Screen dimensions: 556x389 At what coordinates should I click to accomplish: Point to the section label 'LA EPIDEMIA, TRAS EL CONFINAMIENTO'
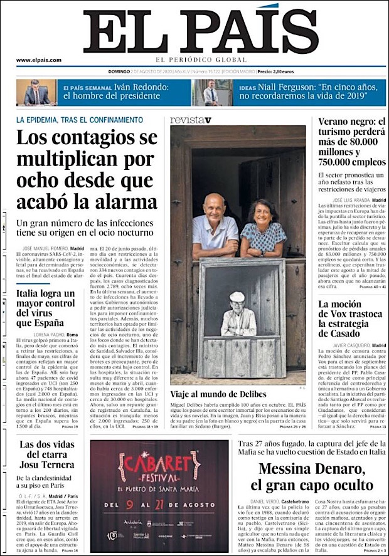tap(80, 119)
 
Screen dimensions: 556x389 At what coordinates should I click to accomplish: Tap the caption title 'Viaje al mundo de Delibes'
tap(218, 394)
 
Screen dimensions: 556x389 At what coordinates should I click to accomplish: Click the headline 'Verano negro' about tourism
tap(351, 144)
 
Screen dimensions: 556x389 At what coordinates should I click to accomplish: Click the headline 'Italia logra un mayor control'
tap(45, 308)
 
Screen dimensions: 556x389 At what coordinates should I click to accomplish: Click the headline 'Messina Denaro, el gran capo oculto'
tap(311, 476)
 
